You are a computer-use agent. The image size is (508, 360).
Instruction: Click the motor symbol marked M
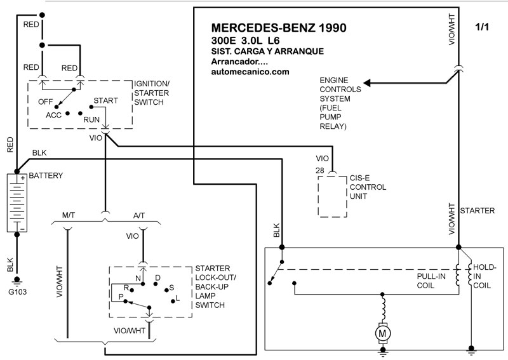[382, 332]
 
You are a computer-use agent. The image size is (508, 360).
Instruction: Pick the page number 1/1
[483, 27]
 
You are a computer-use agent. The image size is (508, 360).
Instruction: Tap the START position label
[105, 100]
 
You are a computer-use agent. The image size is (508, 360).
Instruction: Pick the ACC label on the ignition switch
[53, 116]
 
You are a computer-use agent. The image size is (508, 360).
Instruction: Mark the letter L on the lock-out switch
[177, 298]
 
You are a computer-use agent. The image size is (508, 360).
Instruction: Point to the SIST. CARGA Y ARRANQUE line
[268, 51]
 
